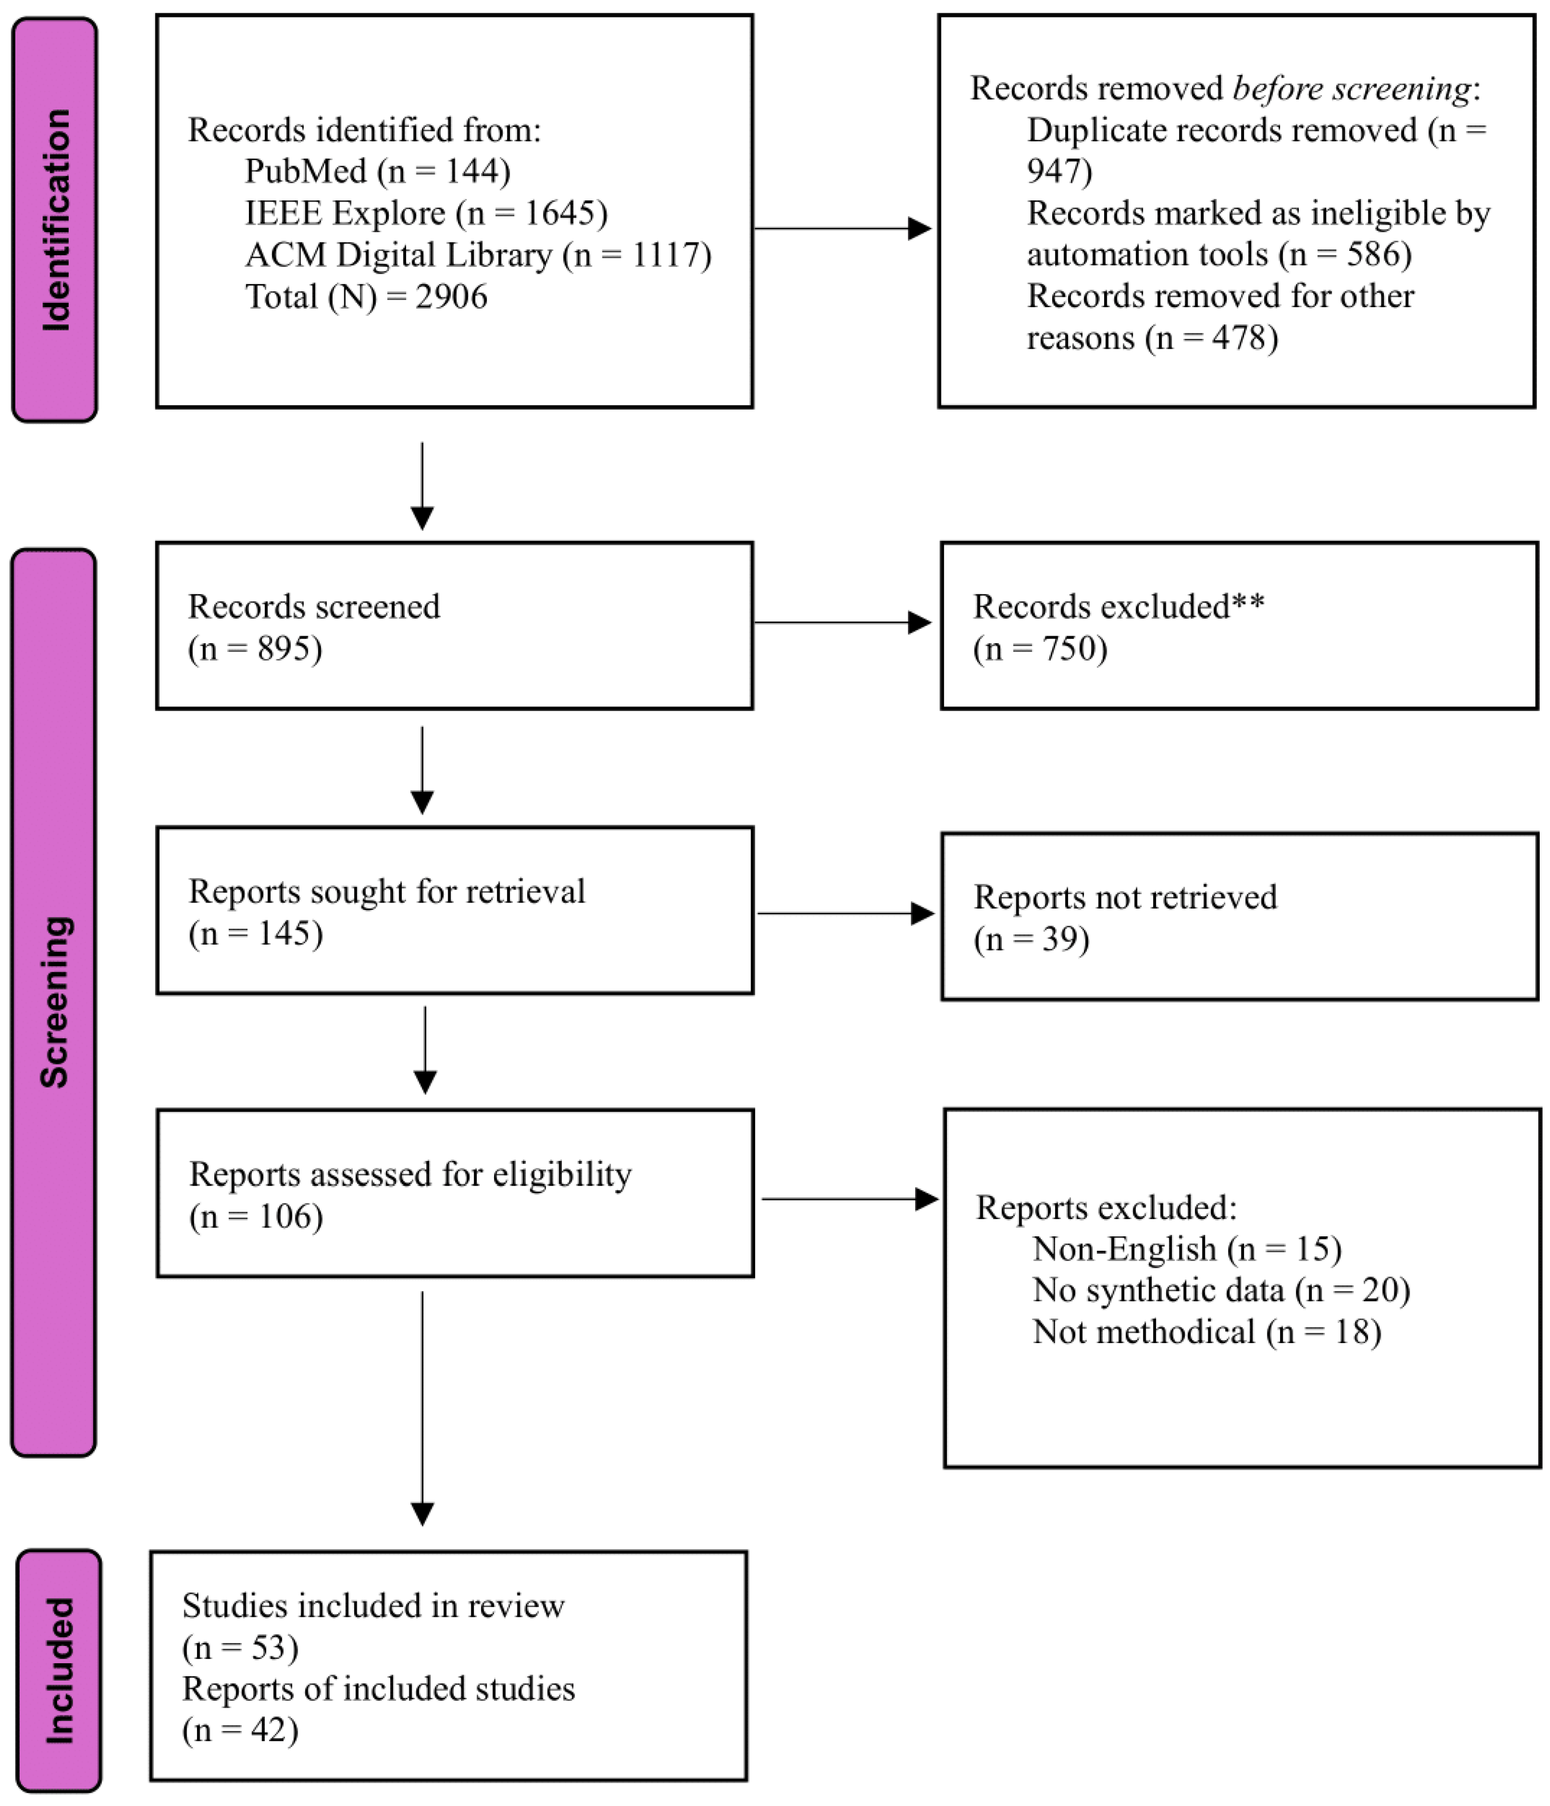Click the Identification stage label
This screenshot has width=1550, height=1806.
pos(55,220)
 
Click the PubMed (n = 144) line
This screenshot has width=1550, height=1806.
pos(377,171)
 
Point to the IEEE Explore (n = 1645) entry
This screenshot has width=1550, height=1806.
pos(426,213)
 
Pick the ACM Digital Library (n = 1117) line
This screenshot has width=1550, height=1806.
pos(478,255)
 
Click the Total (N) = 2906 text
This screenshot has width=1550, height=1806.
pos(366,296)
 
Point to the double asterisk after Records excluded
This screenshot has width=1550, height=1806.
pos(1248,603)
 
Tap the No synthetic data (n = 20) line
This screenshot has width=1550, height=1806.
pos(1221,1290)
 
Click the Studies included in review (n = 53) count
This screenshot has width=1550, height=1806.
pos(240,1647)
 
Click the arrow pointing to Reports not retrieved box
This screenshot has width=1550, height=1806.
pos(845,912)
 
